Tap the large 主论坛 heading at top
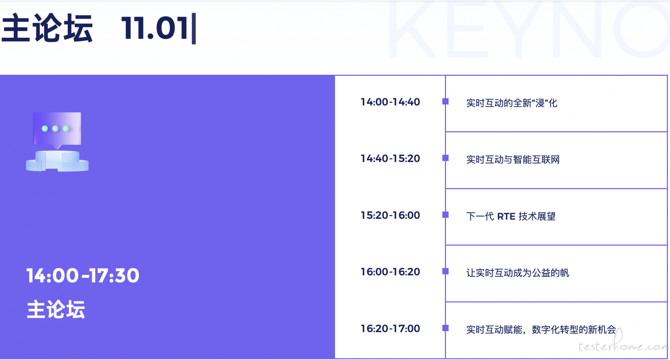[47, 28]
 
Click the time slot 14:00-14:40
[390, 102]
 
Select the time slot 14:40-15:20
[390, 159]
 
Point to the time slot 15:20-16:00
[390, 215]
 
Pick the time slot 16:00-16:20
[390, 272]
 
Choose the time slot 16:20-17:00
[390, 329]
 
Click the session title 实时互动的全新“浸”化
[512, 103]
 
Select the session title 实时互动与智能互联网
[513, 160]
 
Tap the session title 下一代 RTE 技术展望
[511, 216]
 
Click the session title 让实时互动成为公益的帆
[518, 273]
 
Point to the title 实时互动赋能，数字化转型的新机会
[541, 330]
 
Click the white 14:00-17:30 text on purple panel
[83, 275]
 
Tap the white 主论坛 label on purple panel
[56, 309]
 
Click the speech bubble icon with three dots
[57, 130]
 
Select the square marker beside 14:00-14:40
[445, 101]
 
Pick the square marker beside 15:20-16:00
[445, 215]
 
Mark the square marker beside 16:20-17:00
[445, 328]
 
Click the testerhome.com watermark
[623, 344]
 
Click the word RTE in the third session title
[506, 216]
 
